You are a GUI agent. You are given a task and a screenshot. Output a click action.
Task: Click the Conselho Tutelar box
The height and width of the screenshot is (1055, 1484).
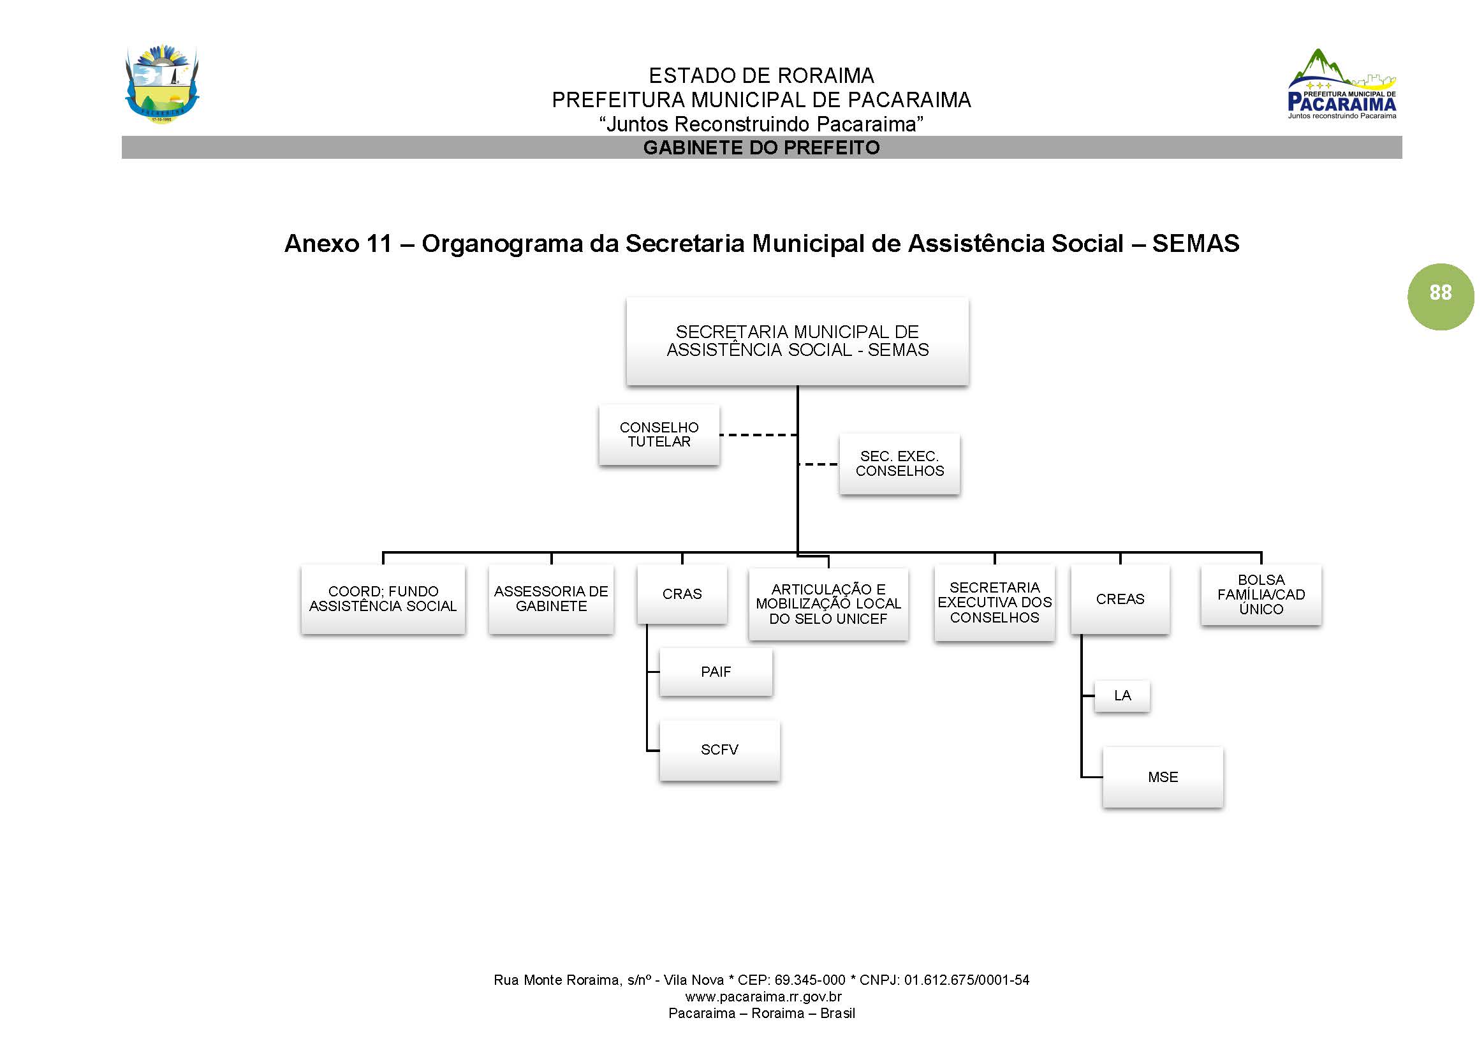659,434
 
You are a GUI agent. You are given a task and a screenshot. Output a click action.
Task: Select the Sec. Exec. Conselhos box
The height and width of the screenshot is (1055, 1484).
899,464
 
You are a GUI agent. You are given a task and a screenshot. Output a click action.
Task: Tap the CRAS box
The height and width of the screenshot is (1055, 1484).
681,594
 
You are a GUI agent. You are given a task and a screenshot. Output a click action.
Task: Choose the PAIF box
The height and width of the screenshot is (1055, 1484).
715,672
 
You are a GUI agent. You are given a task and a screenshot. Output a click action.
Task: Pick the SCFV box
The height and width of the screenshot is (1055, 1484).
719,749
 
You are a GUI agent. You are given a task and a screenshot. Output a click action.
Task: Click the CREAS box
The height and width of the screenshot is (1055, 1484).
1120,599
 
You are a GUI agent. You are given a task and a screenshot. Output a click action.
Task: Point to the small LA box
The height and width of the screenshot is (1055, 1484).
1122,696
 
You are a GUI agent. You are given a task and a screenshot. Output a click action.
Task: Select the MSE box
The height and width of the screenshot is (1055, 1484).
1162,777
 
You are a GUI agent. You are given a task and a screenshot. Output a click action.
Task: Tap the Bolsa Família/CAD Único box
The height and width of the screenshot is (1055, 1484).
1261,594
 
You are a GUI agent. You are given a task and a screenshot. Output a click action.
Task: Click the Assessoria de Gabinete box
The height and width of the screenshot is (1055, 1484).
551,599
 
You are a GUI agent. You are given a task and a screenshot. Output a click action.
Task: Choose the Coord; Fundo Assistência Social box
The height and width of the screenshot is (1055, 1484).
383,599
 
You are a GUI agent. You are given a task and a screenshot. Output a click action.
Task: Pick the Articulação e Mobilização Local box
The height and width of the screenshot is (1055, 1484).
828,604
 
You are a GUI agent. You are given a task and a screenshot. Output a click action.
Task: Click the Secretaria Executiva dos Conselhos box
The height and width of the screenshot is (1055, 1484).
994,603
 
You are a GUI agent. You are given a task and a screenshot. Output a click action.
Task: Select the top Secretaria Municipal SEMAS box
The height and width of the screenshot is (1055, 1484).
797,341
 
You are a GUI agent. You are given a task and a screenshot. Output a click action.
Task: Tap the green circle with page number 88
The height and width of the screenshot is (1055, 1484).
1440,296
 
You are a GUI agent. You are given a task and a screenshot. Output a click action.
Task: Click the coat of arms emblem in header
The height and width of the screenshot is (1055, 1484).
162,84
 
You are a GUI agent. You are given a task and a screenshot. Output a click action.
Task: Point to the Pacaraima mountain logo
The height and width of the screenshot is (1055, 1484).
1341,84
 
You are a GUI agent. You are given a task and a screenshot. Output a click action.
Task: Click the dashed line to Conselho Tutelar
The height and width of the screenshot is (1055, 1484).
757,434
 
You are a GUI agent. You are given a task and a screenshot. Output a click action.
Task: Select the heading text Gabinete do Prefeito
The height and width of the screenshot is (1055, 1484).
761,147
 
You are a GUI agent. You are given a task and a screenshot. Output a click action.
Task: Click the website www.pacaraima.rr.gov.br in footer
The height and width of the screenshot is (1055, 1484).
763,997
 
